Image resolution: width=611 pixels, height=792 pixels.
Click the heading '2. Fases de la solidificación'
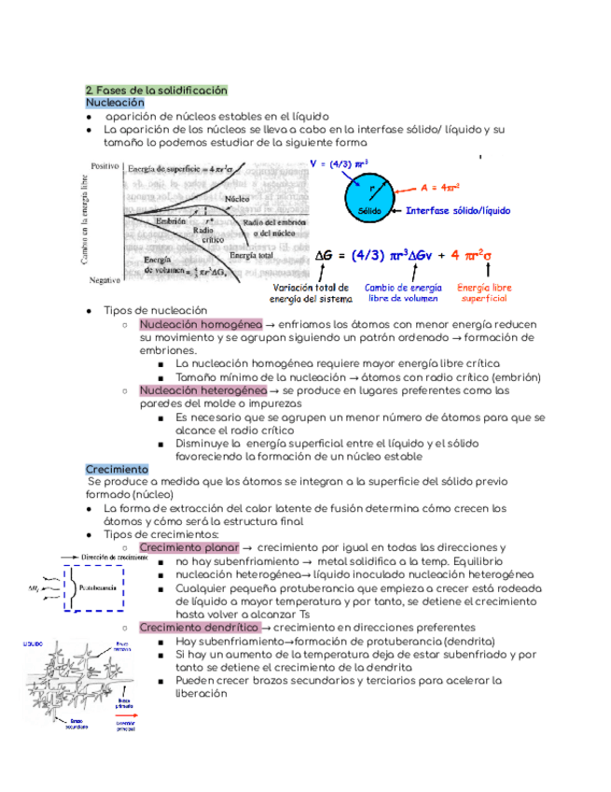coord(156,91)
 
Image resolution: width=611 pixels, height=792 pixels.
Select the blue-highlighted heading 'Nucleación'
coord(115,102)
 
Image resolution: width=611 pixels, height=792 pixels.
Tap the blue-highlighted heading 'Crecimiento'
coord(117,468)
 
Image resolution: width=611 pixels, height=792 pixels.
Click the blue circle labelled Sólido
coord(371,199)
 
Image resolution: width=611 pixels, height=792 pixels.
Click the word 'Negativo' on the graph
coord(105,279)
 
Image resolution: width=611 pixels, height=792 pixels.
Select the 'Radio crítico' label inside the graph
coord(202,233)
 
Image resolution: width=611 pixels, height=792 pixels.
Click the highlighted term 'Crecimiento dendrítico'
coord(198,628)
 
